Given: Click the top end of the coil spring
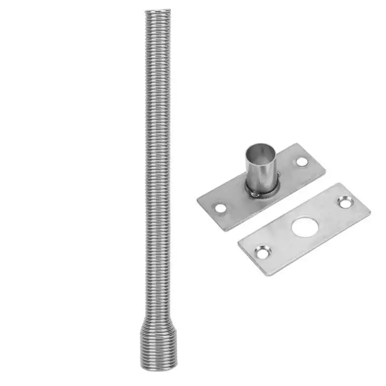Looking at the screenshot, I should (x=158, y=11).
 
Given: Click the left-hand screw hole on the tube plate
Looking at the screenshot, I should (x=221, y=208).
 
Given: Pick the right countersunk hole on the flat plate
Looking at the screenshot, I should (x=345, y=202).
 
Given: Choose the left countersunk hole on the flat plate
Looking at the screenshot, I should (x=263, y=251).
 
